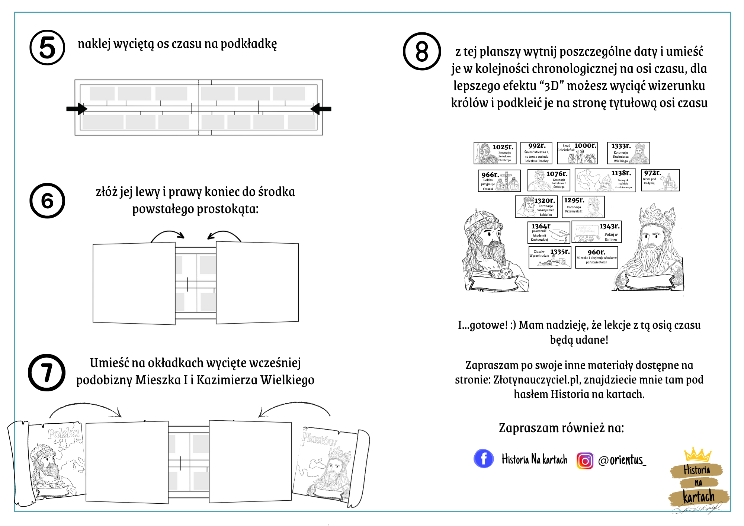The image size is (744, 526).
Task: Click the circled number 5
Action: pos(47,48)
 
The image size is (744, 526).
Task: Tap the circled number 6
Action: pos(47,201)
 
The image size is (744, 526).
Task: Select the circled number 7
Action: pos(47,372)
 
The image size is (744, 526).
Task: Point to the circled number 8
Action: pos(422,51)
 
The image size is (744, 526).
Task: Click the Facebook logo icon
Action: pos(484,459)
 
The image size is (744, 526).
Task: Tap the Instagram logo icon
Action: pos(585,461)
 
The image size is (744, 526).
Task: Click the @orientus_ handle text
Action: pos(622,460)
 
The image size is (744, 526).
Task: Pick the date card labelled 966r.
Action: pos(499,181)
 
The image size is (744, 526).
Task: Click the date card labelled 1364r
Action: pos(549,232)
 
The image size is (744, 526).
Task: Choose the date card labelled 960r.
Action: pos(596,257)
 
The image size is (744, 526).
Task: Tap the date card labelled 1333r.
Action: pos(628,153)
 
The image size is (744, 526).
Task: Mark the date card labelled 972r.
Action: pos(660,180)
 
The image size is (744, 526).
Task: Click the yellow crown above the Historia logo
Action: pos(697,455)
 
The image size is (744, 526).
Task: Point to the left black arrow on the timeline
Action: pos(77,109)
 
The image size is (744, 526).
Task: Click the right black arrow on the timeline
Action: pos(320,109)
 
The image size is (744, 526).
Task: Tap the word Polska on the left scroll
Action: pos(64,433)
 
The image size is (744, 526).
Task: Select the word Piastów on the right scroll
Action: pos(319,439)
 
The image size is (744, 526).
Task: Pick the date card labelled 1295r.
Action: pos(583,207)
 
